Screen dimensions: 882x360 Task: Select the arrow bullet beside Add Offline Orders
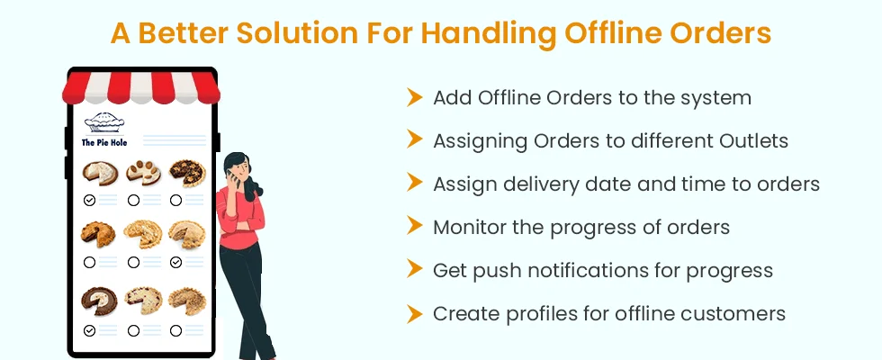[415, 97]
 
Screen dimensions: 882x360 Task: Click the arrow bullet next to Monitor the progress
[415, 227]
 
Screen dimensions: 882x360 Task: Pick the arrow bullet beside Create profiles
[415, 313]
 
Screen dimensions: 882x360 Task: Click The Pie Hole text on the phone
[104, 142]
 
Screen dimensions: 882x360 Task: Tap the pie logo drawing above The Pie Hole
[104, 122]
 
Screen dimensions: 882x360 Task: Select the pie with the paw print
[143, 172]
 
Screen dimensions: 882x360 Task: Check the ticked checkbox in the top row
[89, 200]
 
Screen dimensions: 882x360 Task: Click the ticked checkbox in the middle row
[176, 262]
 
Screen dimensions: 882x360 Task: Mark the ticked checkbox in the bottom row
[89, 331]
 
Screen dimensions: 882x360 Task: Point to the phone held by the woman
[234, 178]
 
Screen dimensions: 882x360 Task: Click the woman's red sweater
[241, 218]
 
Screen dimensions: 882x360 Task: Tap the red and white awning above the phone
[140, 88]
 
